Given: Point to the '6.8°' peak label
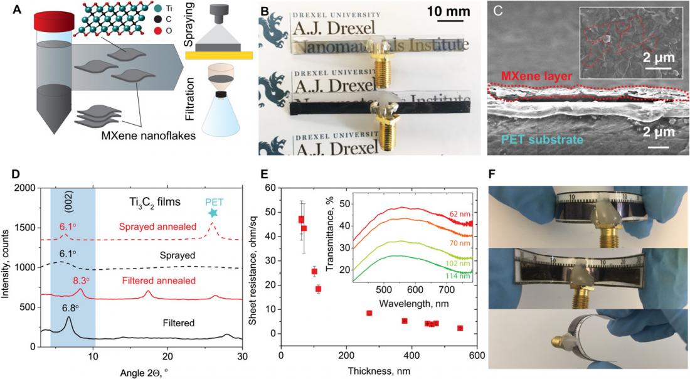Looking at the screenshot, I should click(x=67, y=307).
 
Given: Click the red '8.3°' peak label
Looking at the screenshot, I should click(x=80, y=282).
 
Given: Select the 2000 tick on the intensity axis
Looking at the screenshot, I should click(x=25, y=188).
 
